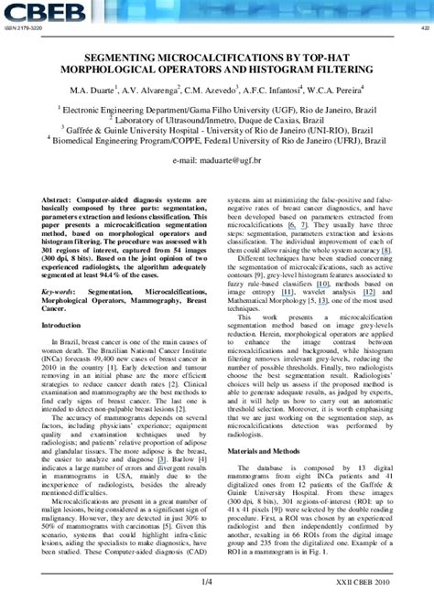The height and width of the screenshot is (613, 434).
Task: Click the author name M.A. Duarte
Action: tap(94, 90)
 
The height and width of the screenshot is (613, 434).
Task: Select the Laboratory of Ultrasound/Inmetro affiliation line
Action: tap(216, 119)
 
